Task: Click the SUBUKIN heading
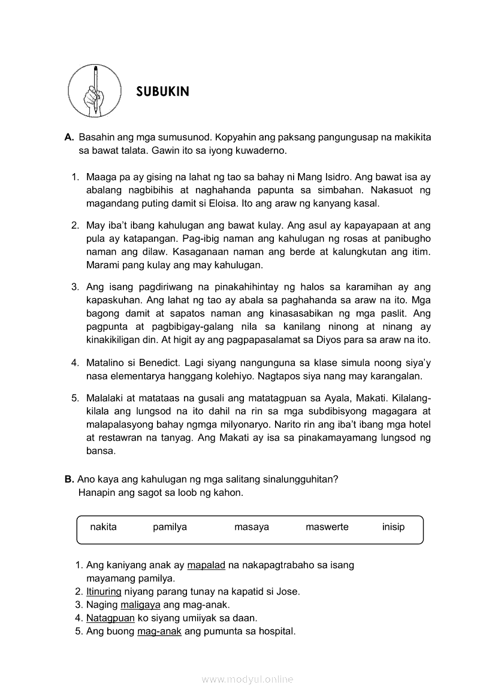click(162, 92)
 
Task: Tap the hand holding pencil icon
click(95, 91)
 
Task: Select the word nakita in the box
click(103, 527)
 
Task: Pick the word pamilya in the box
click(170, 527)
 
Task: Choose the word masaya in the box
click(252, 527)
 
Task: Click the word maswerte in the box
click(327, 527)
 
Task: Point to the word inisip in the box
click(393, 527)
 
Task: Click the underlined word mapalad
click(206, 565)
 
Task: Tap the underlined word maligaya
click(136, 605)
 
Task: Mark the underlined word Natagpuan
click(110, 618)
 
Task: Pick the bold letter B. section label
click(69, 480)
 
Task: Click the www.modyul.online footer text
click(247, 679)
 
